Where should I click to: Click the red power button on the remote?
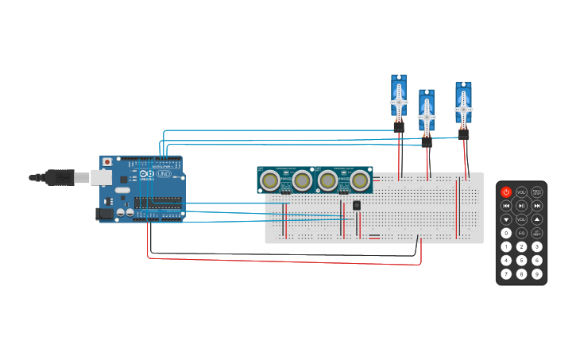coord(506,192)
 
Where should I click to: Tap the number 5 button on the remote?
coord(521,261)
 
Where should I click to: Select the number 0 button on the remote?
coord(506,233)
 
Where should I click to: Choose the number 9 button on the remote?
coord(537,274)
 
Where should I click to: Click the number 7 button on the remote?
coord(506,274)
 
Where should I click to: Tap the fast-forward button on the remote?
coord(537,206)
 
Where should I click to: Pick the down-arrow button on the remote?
coord(506,219)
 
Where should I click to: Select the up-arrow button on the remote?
coord(537,219)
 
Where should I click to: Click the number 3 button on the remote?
coord(537,247)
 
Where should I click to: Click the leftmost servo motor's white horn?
coord(399,101)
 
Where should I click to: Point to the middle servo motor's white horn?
coord(427,116)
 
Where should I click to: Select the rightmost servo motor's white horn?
coord(463,109)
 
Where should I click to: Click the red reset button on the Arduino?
coord(107,162)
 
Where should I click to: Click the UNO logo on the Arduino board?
coord(163,173)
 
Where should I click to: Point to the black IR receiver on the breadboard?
coord(357,205)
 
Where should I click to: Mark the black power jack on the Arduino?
coord(104,213)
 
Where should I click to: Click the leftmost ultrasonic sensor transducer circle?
coord(270,181)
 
